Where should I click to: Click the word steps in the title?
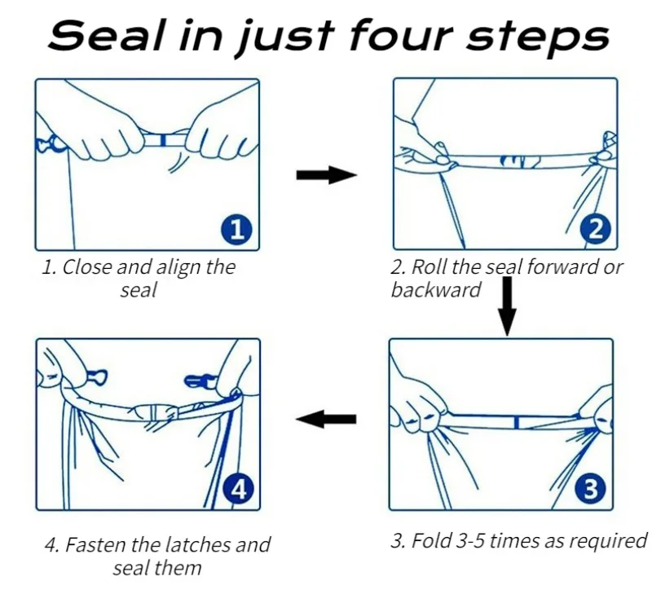click(x=537, y=37)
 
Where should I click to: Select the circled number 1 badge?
click(x=236, y=229)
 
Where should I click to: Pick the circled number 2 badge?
click(x=596, y=229)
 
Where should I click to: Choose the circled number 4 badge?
click(x=238, y=489)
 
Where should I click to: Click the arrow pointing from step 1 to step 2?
click(x=327, y=174)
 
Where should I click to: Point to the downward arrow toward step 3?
click(x=507, y=306)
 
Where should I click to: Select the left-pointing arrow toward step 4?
click(x=325, y=419)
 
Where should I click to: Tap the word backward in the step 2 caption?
click(x=435, y=290)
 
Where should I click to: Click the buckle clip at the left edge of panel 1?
click(x=49, y=144)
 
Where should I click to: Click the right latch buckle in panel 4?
click(x=200, y=380)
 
